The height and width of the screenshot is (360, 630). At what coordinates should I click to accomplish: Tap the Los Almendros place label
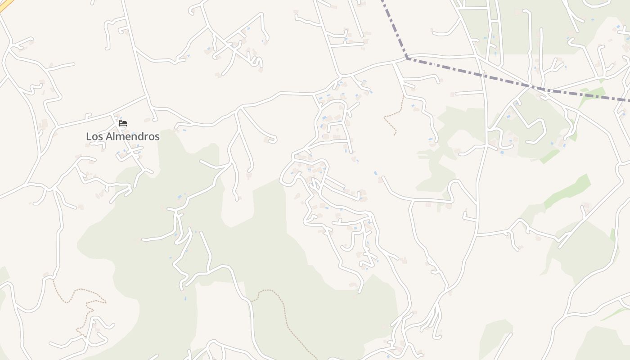[123, 136]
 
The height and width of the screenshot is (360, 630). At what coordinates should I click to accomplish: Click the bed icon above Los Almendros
[123, 123]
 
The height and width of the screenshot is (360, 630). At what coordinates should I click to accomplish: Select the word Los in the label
[94, 136]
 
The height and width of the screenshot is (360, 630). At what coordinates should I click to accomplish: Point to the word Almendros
[132, 136]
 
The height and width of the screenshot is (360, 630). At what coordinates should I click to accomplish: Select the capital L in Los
[89, 136]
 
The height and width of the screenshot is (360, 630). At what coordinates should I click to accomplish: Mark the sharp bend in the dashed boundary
[407, 58]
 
